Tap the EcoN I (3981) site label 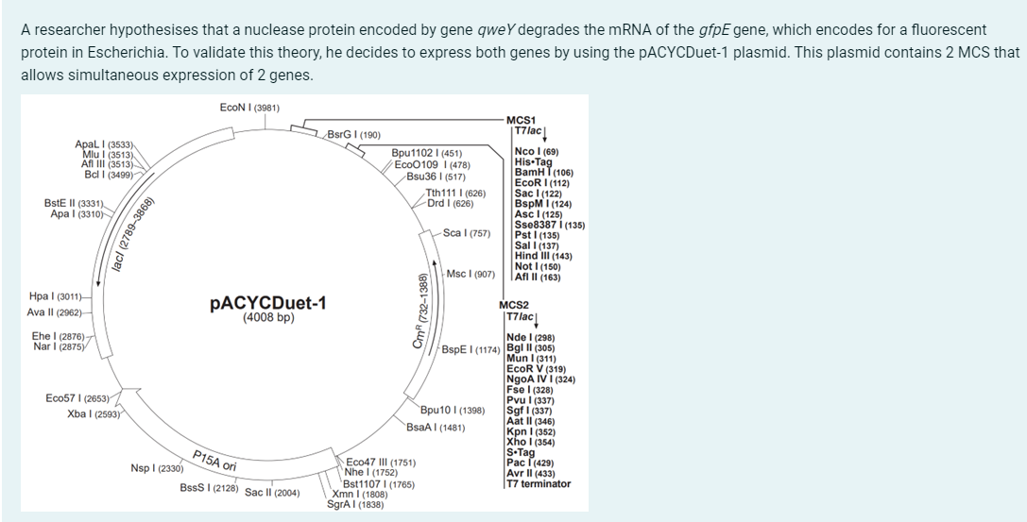coord(248,108)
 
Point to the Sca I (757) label coord(466,232)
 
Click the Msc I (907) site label coord(471,274)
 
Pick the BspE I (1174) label coord(469,348)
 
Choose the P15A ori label coord(214,461)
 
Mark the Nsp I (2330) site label coord(157,468)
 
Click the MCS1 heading coord(521,120)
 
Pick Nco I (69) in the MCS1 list coord(536,151)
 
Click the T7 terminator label coord(539,484)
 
